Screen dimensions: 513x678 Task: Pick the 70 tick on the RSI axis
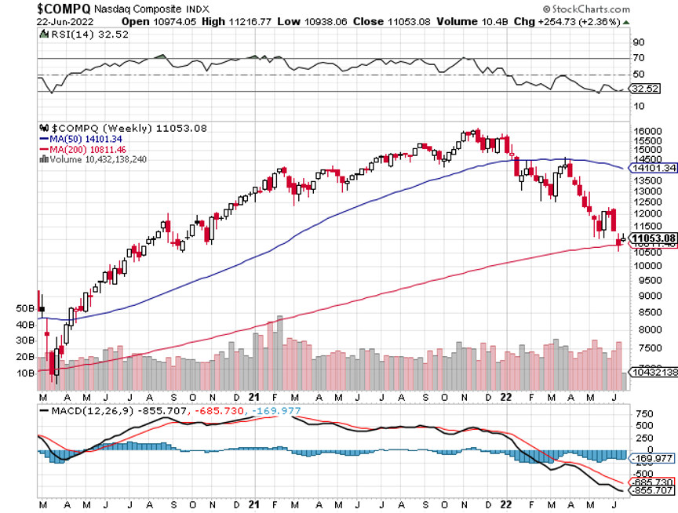[639, 58]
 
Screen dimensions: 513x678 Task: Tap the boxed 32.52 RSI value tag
[646, 90]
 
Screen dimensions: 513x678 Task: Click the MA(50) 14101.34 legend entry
[77, 138]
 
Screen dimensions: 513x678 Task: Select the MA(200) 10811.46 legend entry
[79, 148]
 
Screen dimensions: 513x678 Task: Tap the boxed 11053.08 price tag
[654, 238]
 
